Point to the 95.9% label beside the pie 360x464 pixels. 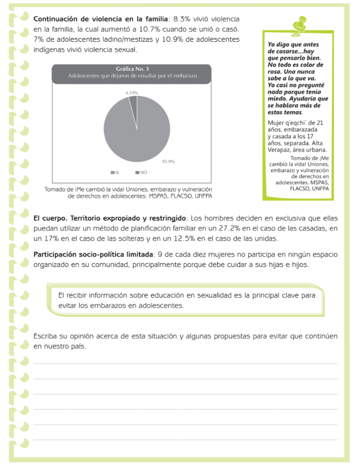(x=168, y=161)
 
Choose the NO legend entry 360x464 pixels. (x=141, y=172)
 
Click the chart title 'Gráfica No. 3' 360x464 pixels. (x=132, y=69)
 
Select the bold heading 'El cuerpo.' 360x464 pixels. (x=50, y=218)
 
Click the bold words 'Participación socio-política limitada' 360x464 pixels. (x=93, y=255)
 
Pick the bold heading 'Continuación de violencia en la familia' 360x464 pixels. (x=101, y=19)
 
